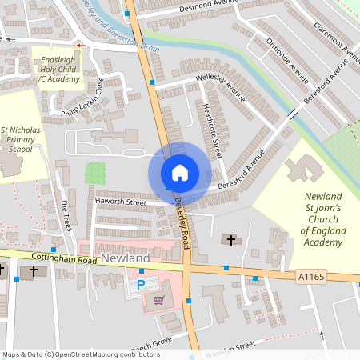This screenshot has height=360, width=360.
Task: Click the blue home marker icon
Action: tap(179, 173)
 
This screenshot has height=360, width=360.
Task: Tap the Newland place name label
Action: tap(126, 259)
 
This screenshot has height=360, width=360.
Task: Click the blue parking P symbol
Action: tap(142, 284)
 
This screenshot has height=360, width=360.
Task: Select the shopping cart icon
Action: tap(158, 300)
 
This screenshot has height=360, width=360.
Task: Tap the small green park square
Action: tap(95, 174)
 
